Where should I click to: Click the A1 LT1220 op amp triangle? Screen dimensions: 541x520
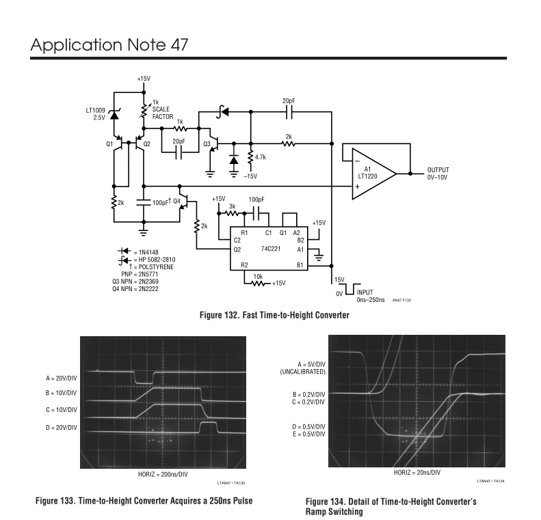click(x=373, y=174)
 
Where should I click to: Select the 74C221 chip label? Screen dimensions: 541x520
click(x=271, y=249)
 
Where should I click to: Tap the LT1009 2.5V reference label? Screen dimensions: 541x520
click(x=96, y=114)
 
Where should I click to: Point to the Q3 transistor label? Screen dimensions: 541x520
click(x=207, y=143)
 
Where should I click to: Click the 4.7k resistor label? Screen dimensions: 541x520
click(x=261, y=157)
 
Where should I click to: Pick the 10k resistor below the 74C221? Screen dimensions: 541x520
click(x=257, y=284)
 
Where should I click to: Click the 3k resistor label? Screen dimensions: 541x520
click(x=233, y=206)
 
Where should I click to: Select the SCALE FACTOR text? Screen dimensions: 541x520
click(x=163, y=113)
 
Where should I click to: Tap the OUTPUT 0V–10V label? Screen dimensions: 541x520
click(x=438, y=174)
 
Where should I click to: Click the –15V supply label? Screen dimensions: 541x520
click(x=250, y=176)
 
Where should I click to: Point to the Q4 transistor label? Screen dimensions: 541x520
click(x=176, y=202)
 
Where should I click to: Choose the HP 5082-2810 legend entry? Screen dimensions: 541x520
click(x=147, y=260)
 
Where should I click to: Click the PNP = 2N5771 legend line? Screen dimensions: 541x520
click(x=140, y=274)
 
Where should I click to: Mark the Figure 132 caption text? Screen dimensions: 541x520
click(x=275, y=315)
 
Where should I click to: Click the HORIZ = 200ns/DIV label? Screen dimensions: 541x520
click(x=163, y=474)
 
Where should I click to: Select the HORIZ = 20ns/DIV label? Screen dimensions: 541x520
click(x=417, y=472)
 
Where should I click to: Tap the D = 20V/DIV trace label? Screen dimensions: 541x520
click(x=62, y=428)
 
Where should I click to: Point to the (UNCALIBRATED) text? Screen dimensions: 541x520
click(x=302, y=372)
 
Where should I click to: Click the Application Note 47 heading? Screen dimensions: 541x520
click(x=109, y=45)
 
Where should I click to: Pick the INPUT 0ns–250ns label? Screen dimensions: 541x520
click(x=371, y=296)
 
